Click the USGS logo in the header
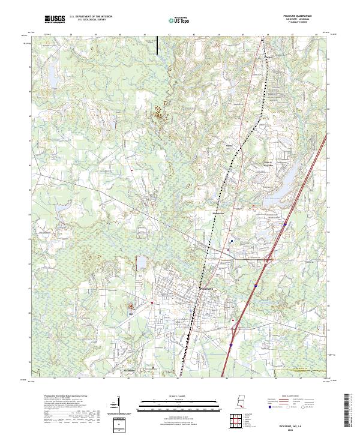[x=55, y=20]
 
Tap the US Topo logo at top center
[x=179, y=21]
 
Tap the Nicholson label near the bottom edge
[x=130, y=371]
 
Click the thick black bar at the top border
[x=158, y=45]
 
